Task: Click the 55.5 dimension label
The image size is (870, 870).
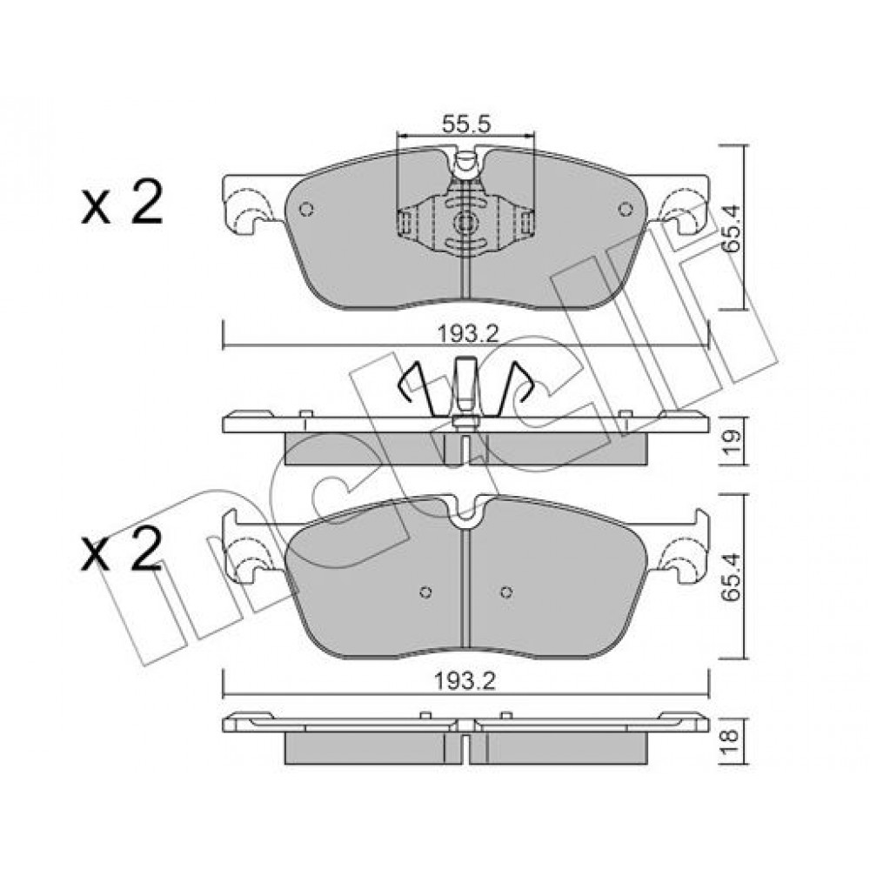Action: pos(466,124)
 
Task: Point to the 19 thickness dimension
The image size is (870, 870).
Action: pos(732,442)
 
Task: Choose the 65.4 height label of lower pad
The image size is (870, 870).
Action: pos(732,576)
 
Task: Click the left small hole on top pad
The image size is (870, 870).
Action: pos(306,209)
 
